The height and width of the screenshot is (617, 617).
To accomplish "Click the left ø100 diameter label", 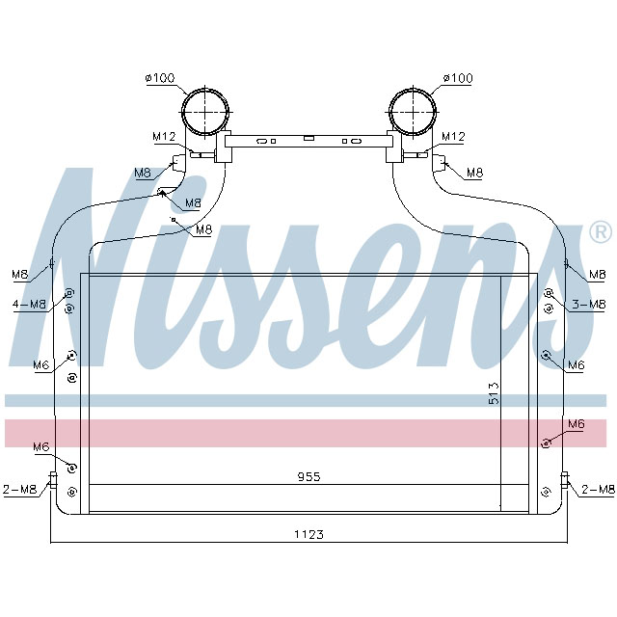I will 161,77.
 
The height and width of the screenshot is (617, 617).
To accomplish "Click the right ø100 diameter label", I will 458,77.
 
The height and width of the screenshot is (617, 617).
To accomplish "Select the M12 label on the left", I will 163,136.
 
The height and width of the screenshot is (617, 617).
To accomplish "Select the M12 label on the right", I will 454,136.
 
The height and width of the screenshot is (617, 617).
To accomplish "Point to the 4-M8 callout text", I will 30,305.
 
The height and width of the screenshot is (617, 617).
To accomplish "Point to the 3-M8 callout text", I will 588,305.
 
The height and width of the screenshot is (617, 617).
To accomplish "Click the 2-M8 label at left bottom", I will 20,490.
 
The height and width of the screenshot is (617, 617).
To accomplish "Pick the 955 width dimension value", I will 308,476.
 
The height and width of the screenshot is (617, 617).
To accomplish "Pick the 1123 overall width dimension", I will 308,534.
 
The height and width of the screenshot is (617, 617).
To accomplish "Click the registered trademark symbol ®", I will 600,231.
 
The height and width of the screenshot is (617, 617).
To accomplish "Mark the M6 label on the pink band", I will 576,423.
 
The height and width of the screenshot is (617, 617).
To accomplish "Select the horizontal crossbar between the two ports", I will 308,141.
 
